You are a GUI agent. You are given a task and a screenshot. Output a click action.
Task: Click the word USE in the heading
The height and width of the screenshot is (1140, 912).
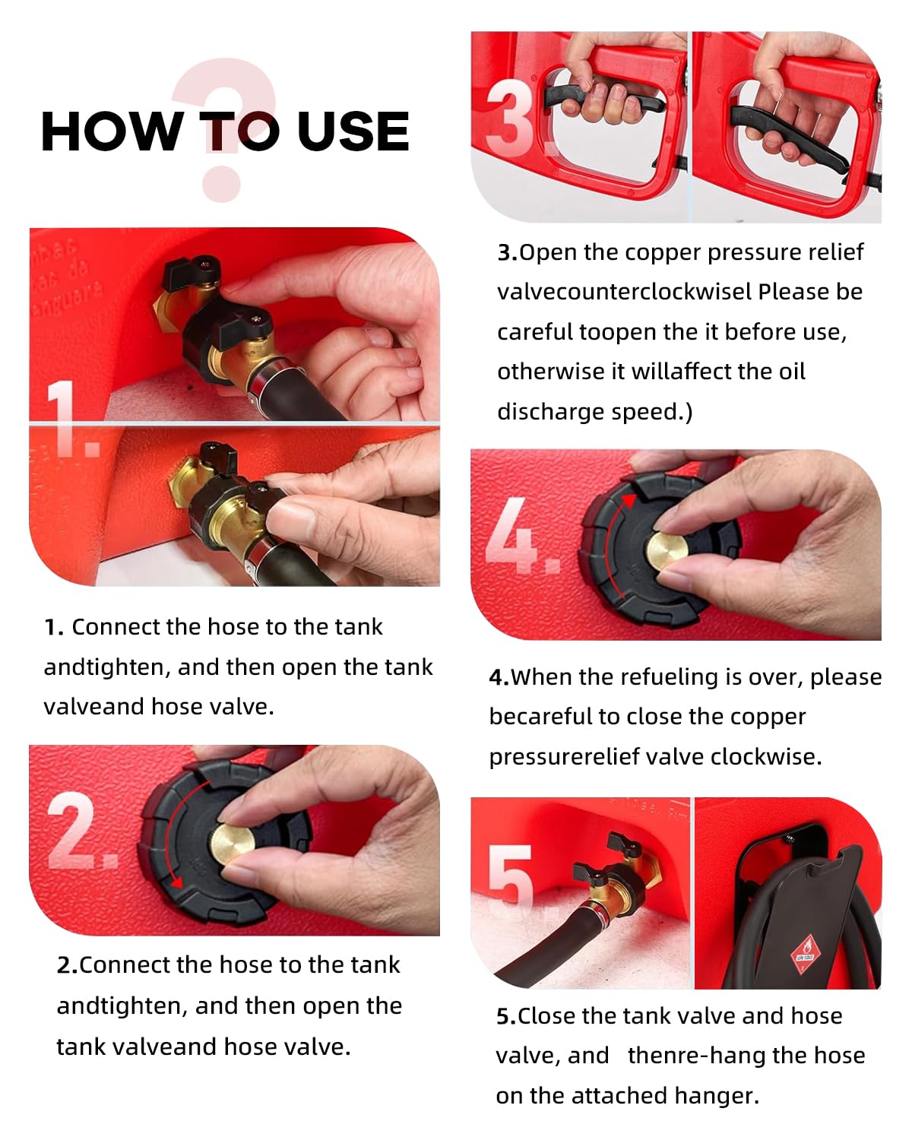coord(353,131)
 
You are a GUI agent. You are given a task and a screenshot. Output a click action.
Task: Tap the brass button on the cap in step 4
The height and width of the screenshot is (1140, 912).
coord(666,551)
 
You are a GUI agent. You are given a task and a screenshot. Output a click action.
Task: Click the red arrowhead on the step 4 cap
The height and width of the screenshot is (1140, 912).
coord(629,500)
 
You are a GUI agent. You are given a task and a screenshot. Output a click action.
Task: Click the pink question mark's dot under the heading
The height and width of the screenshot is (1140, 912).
coord(221,184)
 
